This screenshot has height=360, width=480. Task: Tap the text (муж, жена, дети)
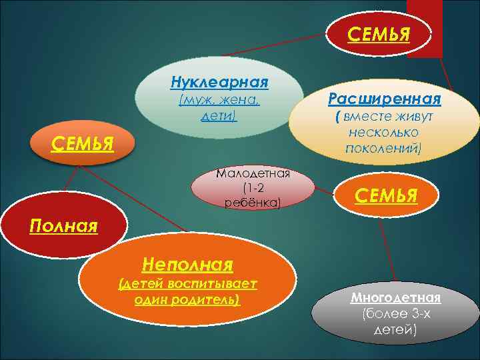(219, 108)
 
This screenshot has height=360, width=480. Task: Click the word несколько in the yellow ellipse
(383, 132)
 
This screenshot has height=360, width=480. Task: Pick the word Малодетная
(253, 174)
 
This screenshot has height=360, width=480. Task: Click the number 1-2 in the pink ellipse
(253, 188)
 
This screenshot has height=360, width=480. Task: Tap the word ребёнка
(253, 202)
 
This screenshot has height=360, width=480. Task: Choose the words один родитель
(187, 299)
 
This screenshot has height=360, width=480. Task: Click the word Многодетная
(396, 297)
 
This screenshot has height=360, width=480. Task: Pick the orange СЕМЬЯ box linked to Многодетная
(386, 196)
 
